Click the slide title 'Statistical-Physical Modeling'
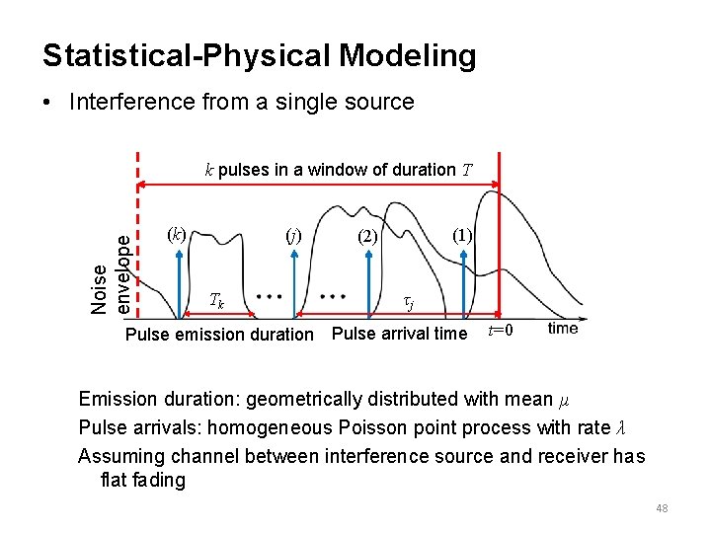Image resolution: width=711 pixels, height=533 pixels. click(x=259, y=55)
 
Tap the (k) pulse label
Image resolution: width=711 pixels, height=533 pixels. click(x=177, y=235)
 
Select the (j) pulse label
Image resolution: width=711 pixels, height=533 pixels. click(x=292, y=236)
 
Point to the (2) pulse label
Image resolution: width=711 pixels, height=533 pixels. click(x=367, y=237)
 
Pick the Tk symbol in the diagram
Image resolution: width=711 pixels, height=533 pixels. click(x=218, y=300)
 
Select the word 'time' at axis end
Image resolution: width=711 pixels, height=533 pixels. click(x=563, y=329)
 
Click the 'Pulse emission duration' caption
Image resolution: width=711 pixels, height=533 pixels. click(x=219, y=335)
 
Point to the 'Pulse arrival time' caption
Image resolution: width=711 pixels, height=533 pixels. click(x=399, y=334)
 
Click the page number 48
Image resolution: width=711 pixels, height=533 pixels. click(x=662, y=508)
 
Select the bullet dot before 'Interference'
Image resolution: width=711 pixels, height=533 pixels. click(x=49, y=103)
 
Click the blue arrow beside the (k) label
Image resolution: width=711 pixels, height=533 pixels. click(x=178, y=281)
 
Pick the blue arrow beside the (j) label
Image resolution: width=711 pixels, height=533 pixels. click(x=294, y=281)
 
